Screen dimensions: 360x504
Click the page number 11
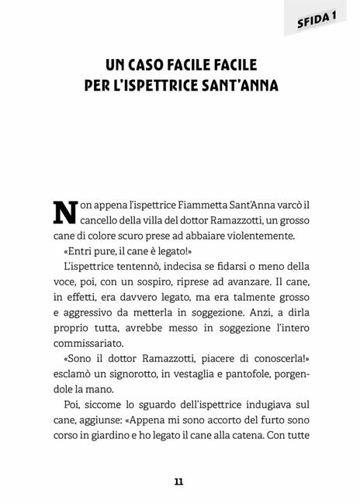pos(179,481)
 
